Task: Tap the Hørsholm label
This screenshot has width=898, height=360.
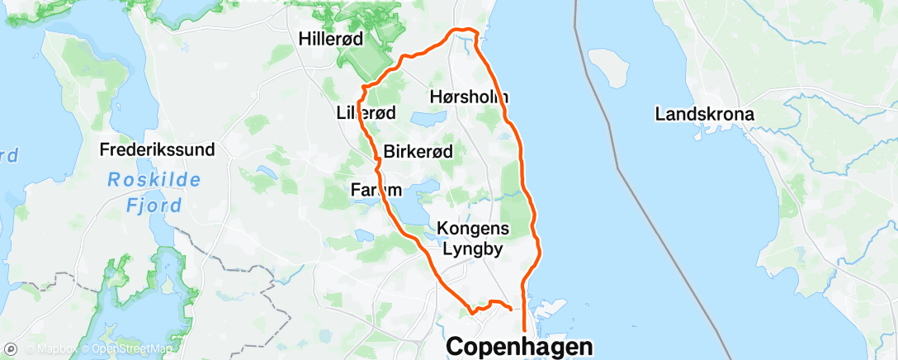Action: [469, 97]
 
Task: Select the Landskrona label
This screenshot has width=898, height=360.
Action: [703, 114]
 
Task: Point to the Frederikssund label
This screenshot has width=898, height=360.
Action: [157, 150]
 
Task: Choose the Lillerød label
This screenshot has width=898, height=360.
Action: [366, 113]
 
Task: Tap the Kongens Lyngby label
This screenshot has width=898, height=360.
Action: [474, 237]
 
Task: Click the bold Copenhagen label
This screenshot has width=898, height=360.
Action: [519, 347]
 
